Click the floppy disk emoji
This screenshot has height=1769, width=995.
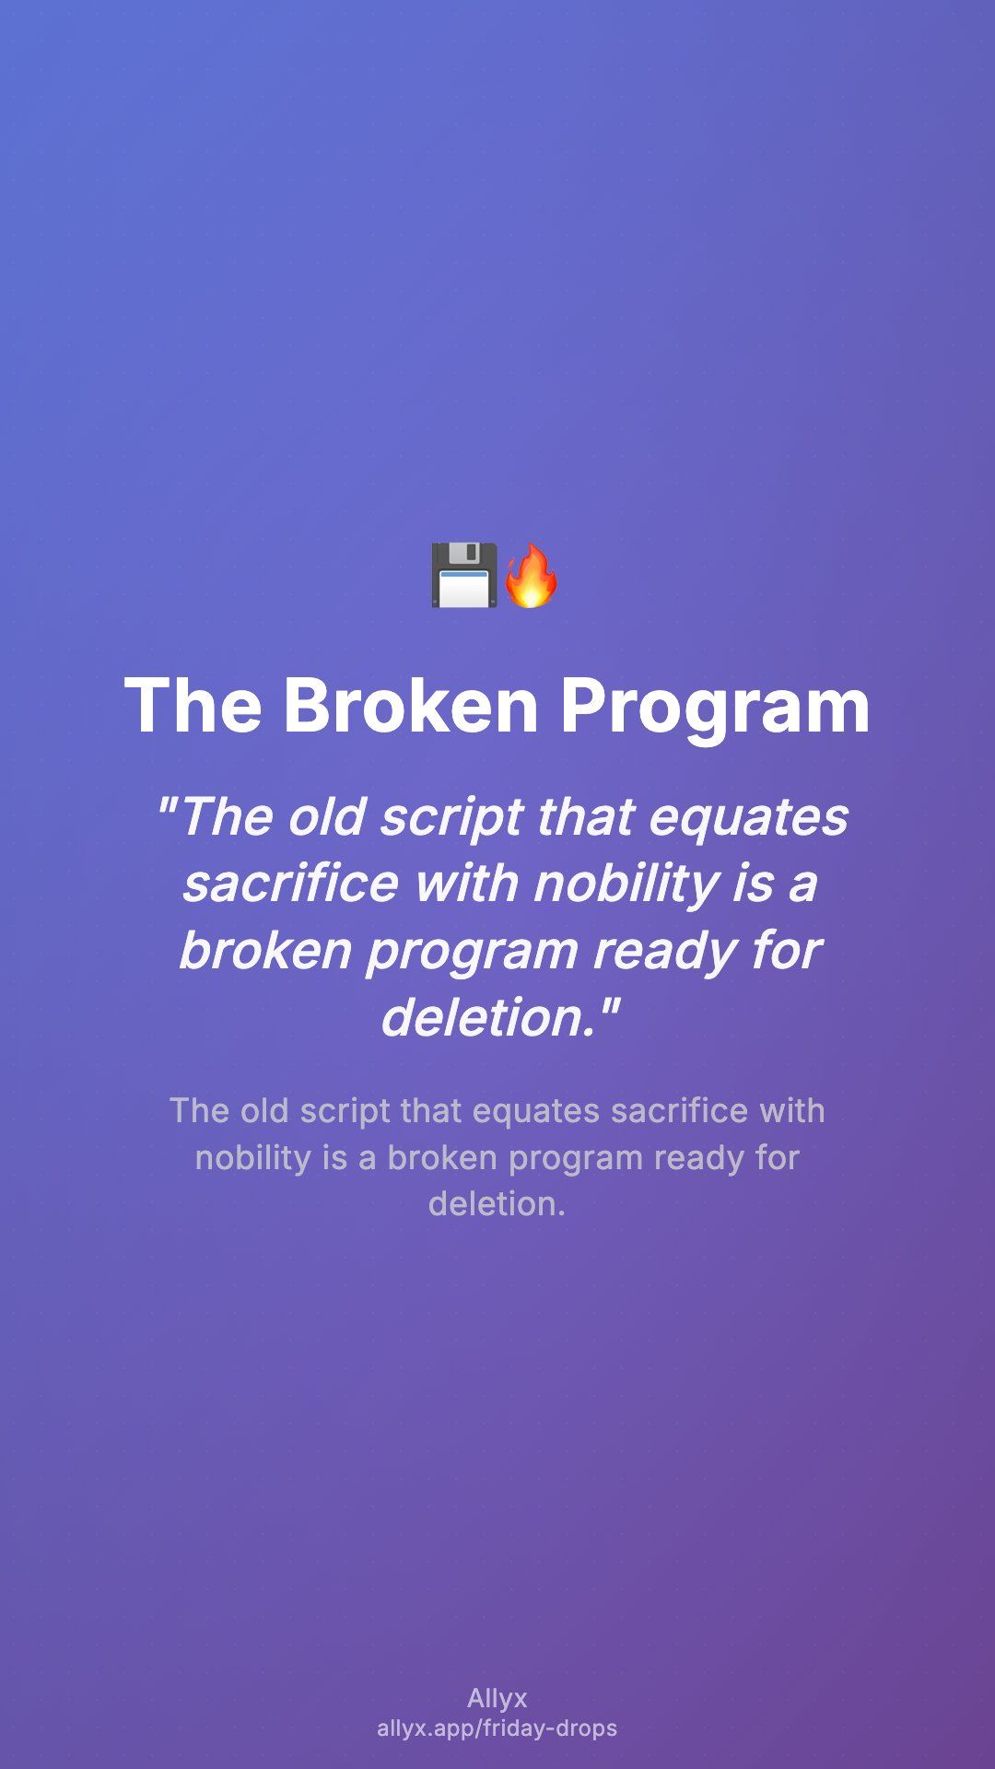point(464,575)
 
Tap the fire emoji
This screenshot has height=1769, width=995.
point(531,575)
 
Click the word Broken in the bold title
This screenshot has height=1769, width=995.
point(411,706)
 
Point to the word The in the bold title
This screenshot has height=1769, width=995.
point(193,706)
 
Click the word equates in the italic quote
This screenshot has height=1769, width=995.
point(748,818)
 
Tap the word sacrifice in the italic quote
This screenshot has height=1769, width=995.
point(290,883)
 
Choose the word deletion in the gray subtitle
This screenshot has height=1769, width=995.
point(497,1203)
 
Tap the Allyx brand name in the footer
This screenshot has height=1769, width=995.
point(497,1699)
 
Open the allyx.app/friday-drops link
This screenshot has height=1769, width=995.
point(497,1728)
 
